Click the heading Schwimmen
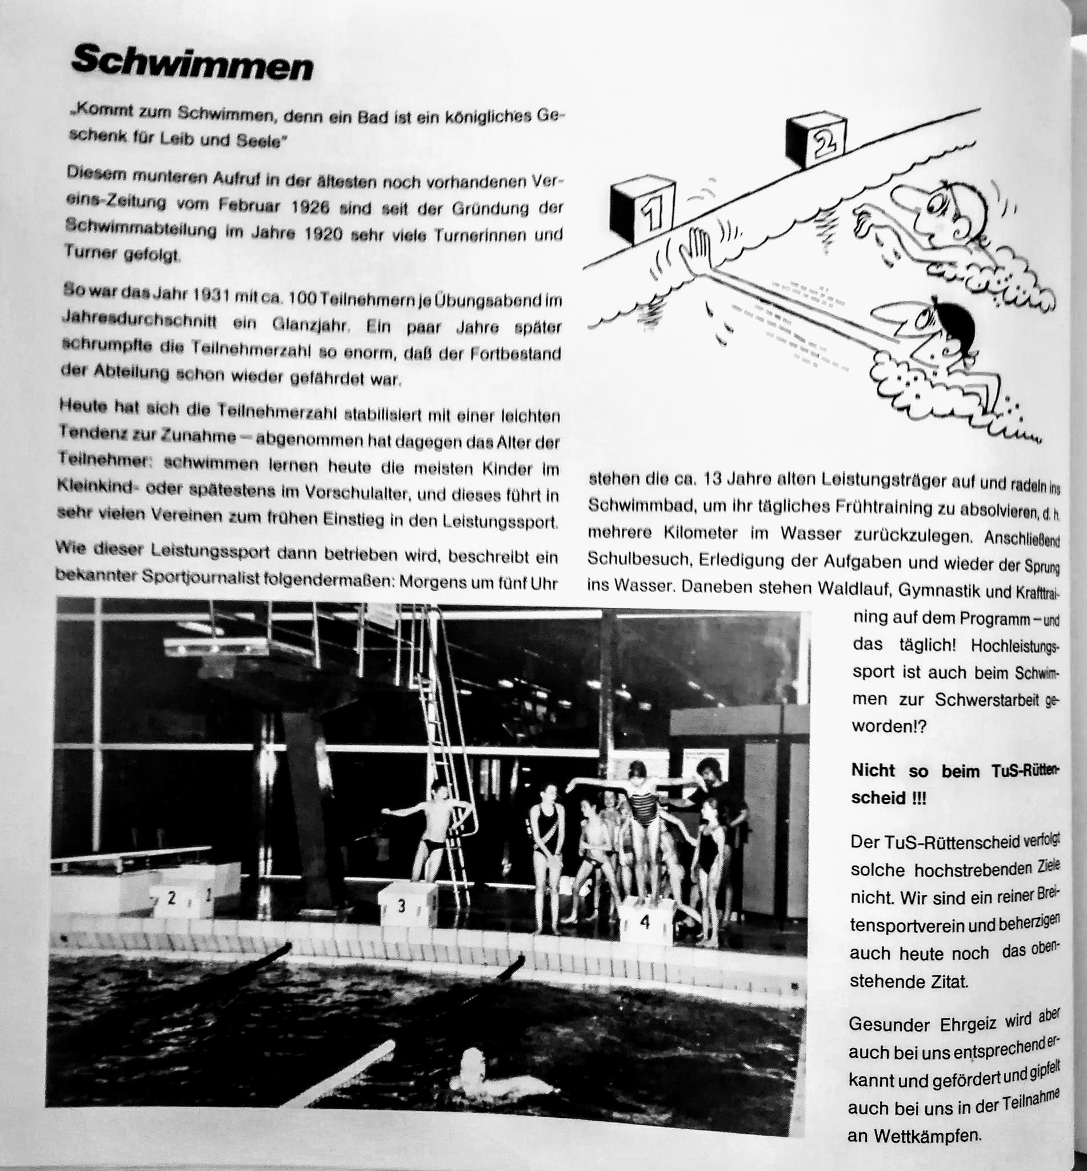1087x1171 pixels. tap(192, 64)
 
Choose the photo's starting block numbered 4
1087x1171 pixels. tap(646, 923)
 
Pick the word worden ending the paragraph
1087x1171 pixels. tap(882, 726)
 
